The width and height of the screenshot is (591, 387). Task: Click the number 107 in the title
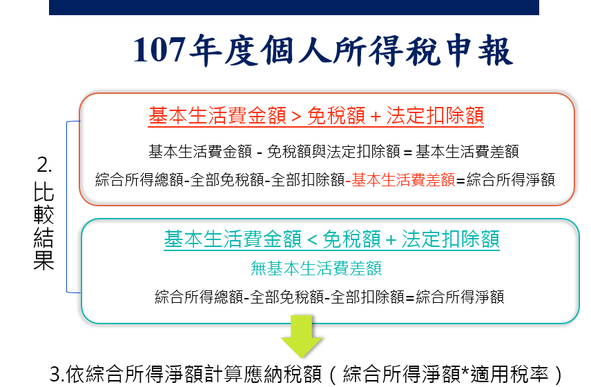click(x=159, y=50)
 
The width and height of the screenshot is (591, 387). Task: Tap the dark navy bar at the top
click(x=294, y=7)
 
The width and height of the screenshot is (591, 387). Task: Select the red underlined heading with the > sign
click(x=316, y=116)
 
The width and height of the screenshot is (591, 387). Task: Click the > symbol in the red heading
click(x=296, y=117)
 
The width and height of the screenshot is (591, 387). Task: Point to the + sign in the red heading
click(x=376, y=117)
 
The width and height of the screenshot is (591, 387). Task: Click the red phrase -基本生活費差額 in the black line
click(x=400, y=180)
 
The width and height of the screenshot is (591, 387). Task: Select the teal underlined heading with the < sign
click(x=331, y=239)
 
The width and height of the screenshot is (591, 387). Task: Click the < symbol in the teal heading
click(x=312, y=240)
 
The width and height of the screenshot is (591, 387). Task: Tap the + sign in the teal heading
click(x=391, y=240)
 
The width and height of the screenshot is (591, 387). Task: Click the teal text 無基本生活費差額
click(x=316, y=268)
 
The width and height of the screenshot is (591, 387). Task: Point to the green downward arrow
click(x=301, y=336)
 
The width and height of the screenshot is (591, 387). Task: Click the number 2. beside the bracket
click(x=44, y=165)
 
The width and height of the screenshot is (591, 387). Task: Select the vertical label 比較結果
click(x=43, y=226)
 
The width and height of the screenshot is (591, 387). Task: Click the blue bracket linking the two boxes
click(x=67, y=207)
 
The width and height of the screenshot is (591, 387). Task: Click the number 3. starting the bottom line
click(x=58, y=375)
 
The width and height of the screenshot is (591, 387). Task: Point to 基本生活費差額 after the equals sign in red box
click(x=467, y=152)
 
